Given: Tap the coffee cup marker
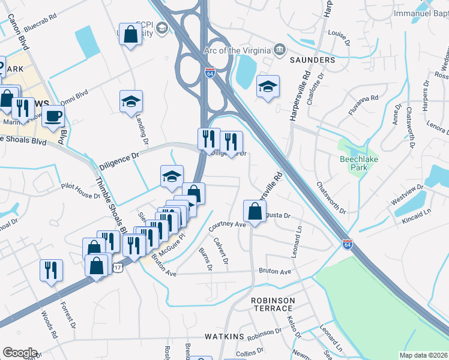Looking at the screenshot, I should click(x=53, y=116).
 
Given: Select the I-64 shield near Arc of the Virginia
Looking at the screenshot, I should click(x=210, y=73).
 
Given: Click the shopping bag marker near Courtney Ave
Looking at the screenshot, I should click(x=255, y=211).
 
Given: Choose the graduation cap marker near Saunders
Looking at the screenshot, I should click(x=268, y=86).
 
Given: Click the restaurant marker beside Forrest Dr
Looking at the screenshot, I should click(x=51, y=270).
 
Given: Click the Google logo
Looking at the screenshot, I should click(x=20, y=353).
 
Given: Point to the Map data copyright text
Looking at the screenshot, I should click(x=423, y=355).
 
